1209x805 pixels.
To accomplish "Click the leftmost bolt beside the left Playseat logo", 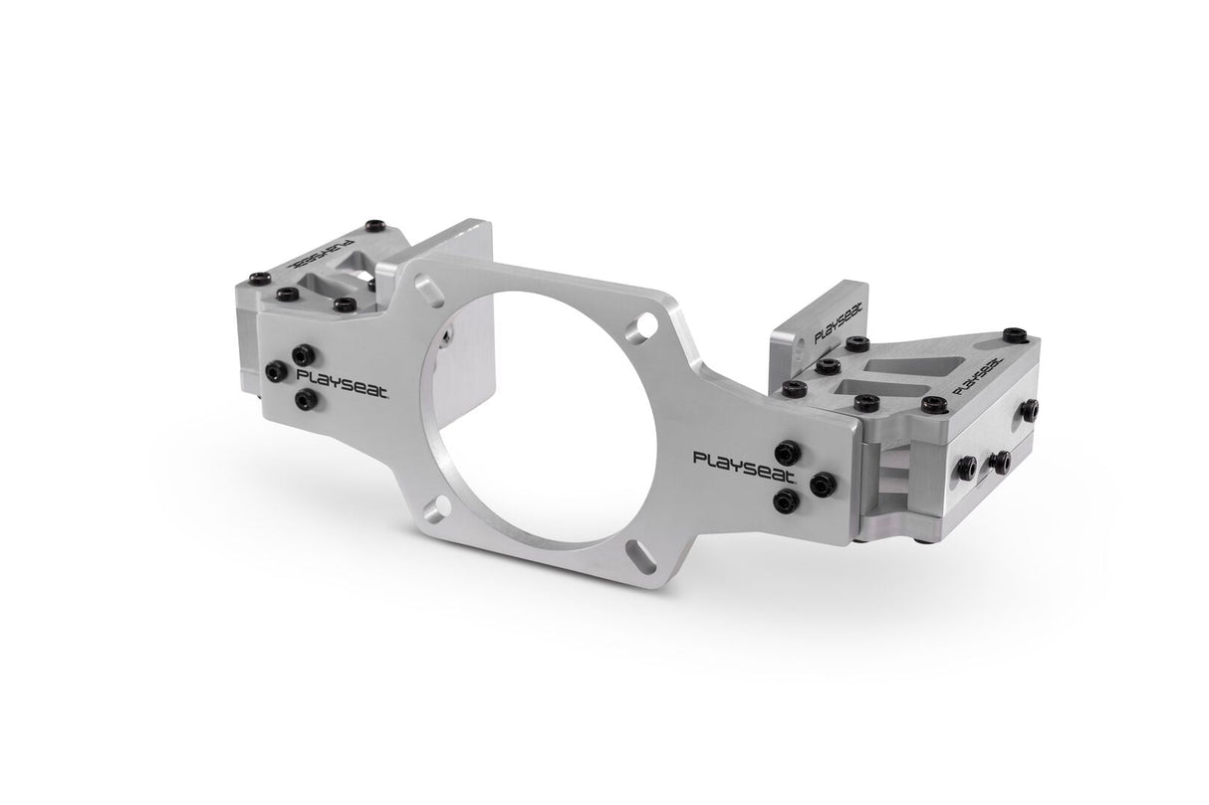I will (276, 371).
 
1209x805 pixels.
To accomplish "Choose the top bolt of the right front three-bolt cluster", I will (790, 451).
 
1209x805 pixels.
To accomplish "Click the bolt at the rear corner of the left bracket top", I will (374, 226).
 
